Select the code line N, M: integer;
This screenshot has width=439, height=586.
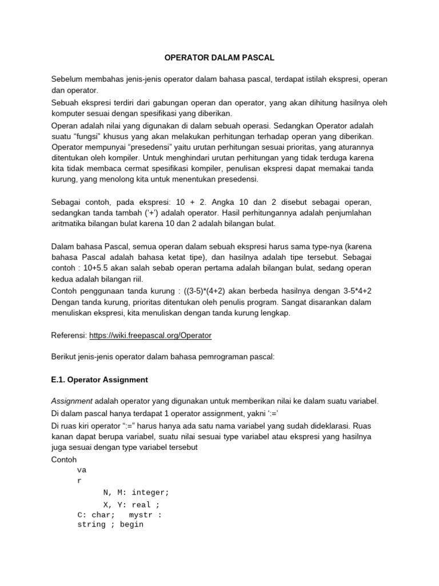tap(136, 492)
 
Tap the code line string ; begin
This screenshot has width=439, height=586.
tap(110, 524)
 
